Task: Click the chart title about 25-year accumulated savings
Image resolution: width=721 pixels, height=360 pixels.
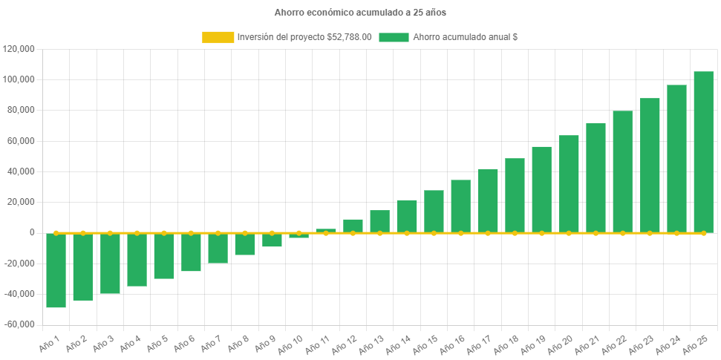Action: [360, 13]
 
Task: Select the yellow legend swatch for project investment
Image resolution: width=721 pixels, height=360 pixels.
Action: [218, 37]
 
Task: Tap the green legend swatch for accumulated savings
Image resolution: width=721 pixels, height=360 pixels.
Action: [394, 37]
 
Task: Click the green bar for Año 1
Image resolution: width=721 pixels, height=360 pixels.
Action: [56, 270]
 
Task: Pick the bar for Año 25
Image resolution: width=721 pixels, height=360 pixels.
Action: [703, 152]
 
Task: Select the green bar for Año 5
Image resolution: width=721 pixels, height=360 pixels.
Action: [164, 256]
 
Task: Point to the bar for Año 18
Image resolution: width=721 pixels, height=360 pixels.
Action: [515, 195]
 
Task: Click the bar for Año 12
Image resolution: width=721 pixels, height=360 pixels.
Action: [353, 226]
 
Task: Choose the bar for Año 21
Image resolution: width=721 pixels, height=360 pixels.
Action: [596, 178]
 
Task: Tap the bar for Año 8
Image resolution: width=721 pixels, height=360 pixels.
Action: [245, 244]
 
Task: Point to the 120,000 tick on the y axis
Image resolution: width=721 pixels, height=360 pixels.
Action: [20, 49]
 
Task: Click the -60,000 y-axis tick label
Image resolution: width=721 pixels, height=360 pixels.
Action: [19, 324]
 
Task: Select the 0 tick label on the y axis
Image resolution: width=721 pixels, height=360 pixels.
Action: [32, 232]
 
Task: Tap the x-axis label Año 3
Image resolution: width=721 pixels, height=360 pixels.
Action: [101, 342]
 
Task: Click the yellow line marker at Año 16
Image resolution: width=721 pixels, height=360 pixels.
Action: [460, 233]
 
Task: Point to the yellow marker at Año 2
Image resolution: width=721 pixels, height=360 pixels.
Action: [83, 233]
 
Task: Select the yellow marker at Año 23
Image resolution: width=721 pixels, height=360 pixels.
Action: [650, 233]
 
